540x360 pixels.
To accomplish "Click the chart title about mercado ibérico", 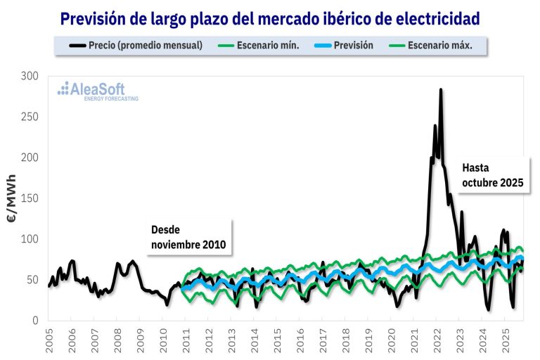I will click(270, 18).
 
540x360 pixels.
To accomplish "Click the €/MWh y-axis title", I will click(12, 198).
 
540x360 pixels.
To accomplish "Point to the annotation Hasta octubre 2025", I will click(492, 175).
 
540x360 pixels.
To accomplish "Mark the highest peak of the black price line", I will click(441, 90).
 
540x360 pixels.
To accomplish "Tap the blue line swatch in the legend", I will click(326, 46).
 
